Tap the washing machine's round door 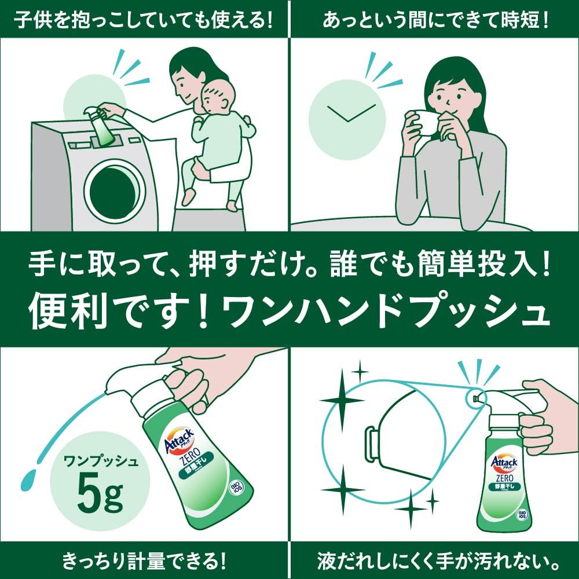coord(115,189)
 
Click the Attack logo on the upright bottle coord(503,461)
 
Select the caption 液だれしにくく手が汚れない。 coord(434,561)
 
